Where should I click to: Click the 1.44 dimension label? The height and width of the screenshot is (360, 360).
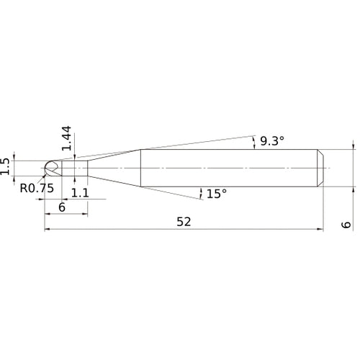point(66,138)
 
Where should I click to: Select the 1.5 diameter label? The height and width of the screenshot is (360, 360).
point(6,167)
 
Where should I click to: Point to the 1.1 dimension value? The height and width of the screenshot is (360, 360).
point(81,193)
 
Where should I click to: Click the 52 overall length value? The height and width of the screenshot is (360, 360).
point(184,222)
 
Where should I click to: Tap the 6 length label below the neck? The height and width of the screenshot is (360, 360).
point(62,206)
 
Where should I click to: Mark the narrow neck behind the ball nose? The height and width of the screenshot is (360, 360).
point(73,167)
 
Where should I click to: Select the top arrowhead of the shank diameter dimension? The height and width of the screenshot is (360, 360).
point(354,145)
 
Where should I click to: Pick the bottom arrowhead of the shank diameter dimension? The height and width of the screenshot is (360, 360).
point(354,189)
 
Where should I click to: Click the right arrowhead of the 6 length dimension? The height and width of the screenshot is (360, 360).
point(86,214)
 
